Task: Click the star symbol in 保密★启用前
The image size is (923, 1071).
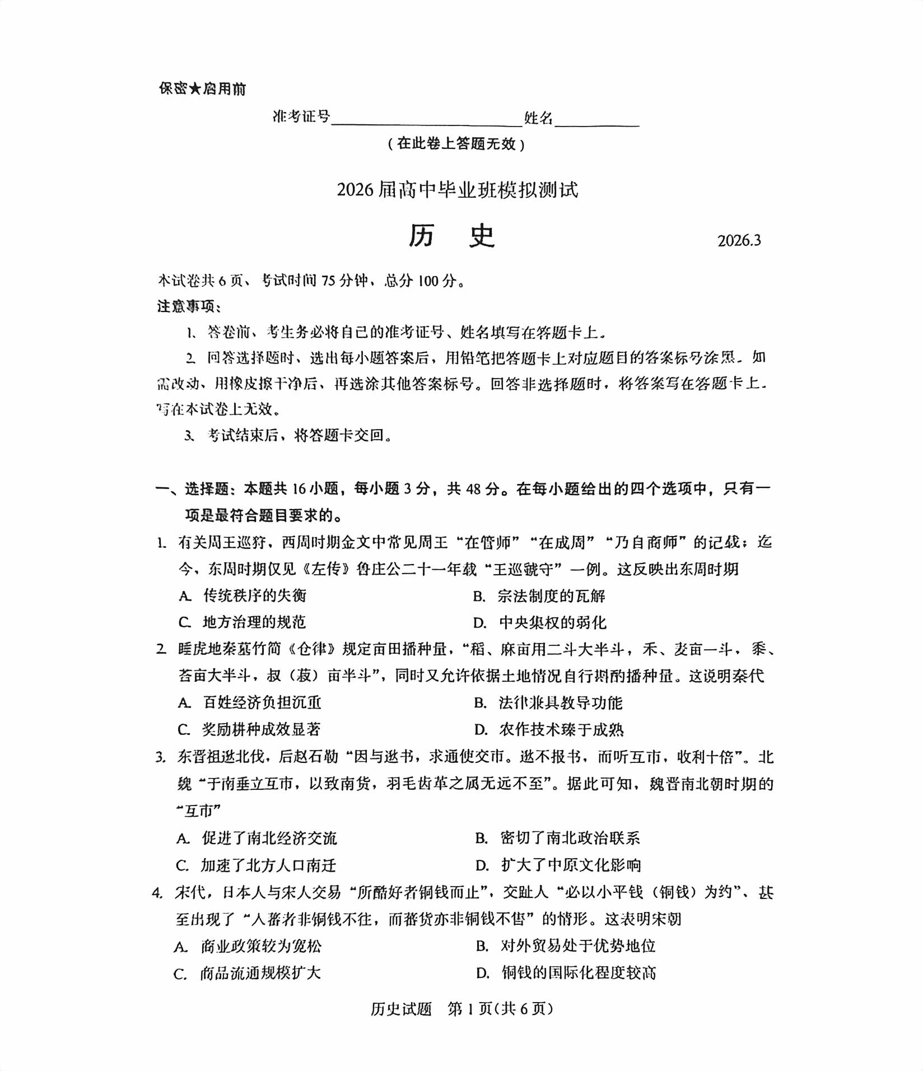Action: point(195,89)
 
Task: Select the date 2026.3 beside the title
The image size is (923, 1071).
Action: point(739,240)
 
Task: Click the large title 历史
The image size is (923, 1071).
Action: point(451,236)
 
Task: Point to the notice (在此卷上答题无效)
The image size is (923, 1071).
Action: point(456,144)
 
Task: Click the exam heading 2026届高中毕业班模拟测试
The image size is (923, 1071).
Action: point(457,190)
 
